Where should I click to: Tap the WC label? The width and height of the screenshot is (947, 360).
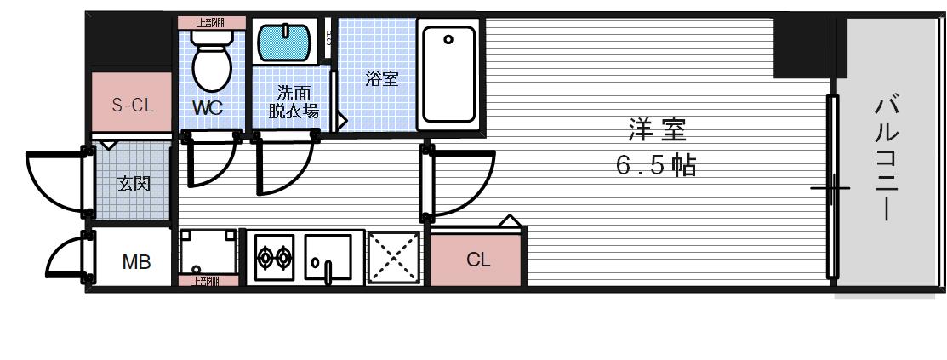click(207, 109)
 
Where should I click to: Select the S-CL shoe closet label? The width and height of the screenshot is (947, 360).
click(133, 106)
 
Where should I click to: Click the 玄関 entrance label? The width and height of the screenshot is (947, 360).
click(134, 183)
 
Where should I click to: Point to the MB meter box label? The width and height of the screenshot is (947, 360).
click(135, 262)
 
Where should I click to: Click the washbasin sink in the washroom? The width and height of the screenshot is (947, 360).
click(287, 41)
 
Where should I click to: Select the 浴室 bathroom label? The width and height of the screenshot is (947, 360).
click(382, 79)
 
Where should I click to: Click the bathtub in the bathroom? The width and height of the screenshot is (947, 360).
click(448, 76)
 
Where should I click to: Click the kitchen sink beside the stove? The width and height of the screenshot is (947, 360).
click(328, 257)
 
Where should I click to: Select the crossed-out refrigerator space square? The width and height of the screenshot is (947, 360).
click(395, 257)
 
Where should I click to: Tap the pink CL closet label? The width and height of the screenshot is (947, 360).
click(478, 260)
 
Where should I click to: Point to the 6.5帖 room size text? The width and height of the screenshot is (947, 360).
click(656, 165)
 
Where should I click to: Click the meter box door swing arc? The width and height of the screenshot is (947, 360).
click(63, 258)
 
